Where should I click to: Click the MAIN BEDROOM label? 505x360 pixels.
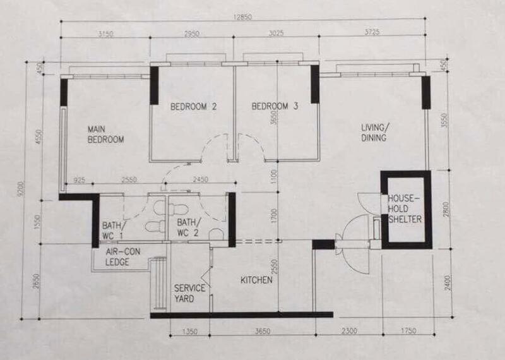tap(105, 134)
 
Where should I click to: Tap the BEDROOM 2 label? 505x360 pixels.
tap(194, 107)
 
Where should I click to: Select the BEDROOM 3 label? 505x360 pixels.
tap(275, 107)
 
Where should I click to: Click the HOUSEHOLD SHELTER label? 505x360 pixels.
tap(405, 209)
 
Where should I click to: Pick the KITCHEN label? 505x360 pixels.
tap(256, 279)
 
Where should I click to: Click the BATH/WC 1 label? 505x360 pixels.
tap(114, 229)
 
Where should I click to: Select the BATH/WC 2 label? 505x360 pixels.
tap(189, 229)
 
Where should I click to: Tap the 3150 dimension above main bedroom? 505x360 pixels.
tap(105, 33)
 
